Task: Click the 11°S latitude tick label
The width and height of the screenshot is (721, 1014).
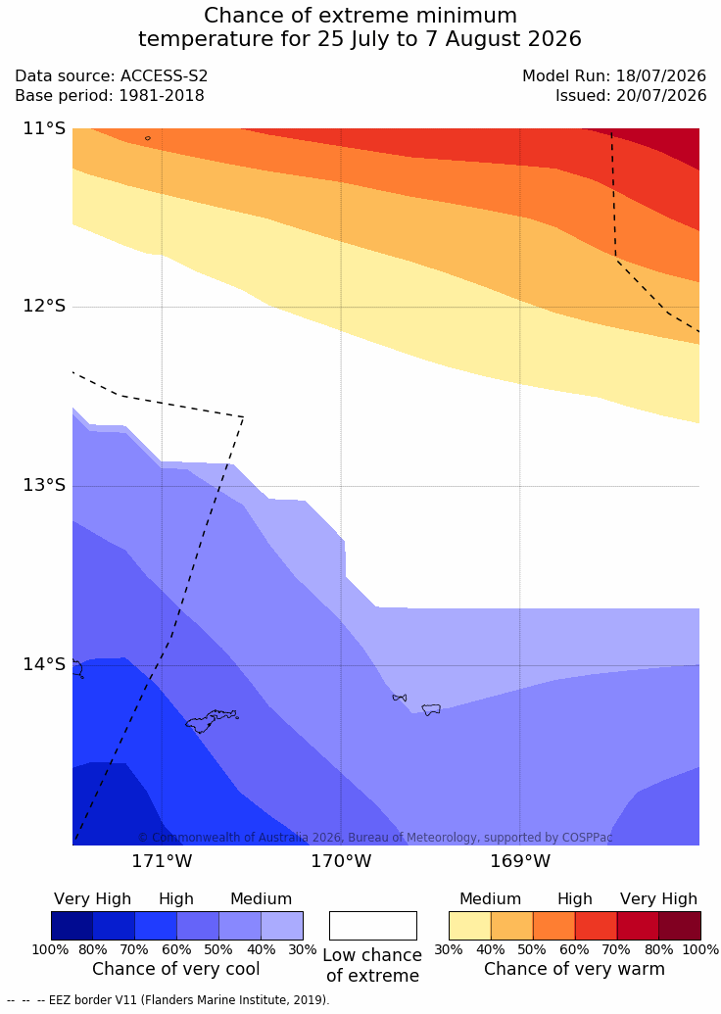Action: [45, 128]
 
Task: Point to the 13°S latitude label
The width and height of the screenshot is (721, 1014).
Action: [45, 485]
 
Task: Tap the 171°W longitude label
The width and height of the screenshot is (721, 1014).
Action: [162, 861]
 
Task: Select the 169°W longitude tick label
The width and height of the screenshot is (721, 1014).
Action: [520, 861]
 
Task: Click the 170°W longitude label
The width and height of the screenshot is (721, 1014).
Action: [342, 861]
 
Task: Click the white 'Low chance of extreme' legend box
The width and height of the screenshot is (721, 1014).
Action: [373, 926]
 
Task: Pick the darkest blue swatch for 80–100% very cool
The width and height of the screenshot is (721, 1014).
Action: [72, 926]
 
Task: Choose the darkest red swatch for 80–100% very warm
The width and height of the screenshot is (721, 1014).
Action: [680, 926]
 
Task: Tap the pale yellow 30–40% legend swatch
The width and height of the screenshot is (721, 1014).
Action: [470, 926]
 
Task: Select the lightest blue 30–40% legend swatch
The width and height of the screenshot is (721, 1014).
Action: [282, 926]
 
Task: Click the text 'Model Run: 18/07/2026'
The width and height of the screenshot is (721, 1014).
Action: [614, 75]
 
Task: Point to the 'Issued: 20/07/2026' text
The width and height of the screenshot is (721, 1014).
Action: [631, 96]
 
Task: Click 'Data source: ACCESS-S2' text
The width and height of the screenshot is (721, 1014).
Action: [112, 75]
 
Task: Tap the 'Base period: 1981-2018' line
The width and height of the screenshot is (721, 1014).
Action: [110, 96]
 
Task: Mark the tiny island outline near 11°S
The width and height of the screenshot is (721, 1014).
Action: [148, 138]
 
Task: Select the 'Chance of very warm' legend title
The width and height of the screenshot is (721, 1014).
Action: [574, 969]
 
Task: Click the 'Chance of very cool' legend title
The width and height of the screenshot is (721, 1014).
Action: [176, 969]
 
